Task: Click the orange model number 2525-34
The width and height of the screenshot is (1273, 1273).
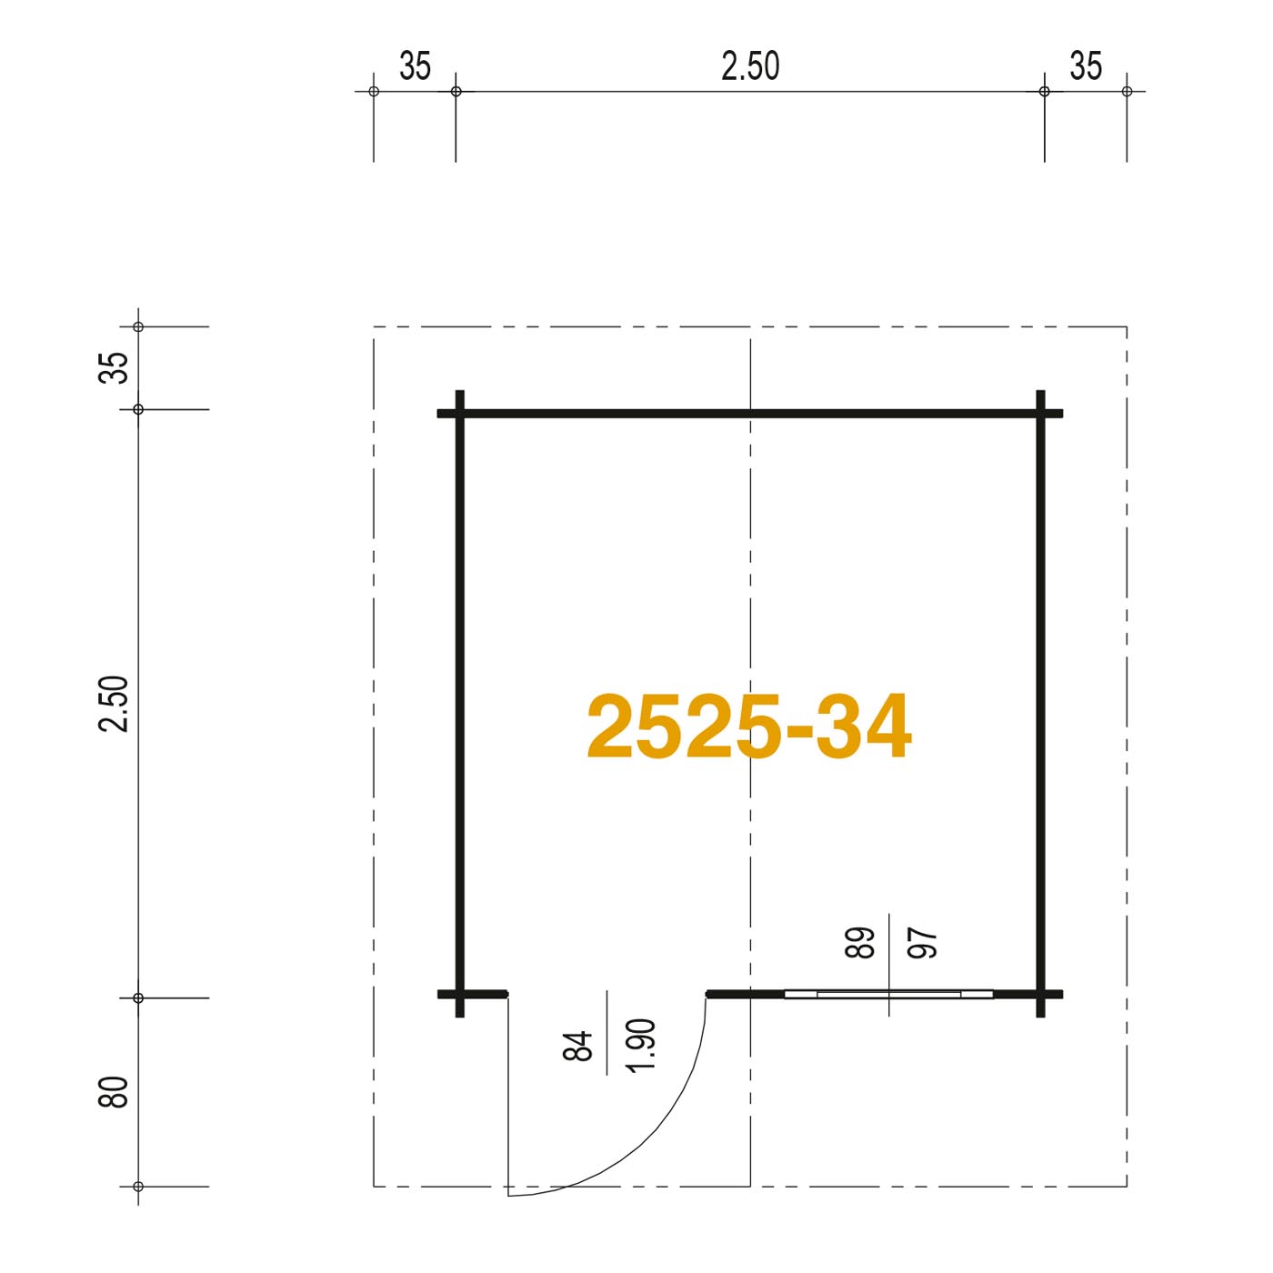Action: (749, 726)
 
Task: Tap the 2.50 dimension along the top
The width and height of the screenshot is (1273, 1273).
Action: (750, 66)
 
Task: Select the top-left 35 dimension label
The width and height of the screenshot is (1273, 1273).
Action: (415, 66)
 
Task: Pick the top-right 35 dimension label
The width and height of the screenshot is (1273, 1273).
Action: (1086, 66)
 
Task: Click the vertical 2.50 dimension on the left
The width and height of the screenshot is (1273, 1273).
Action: (113, 703)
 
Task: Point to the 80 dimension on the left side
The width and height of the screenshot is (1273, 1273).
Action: (113, 1092)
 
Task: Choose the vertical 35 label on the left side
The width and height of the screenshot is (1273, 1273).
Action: (113, 367)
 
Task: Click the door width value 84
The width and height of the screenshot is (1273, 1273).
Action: (577, 1046)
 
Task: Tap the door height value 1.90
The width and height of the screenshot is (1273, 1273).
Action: (641, 1046)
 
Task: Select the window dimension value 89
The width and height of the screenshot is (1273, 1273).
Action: (859, 943)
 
